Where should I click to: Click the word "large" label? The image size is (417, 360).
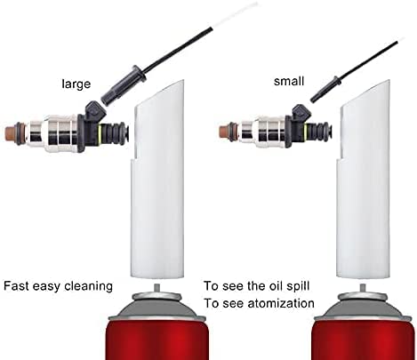[76, 84]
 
